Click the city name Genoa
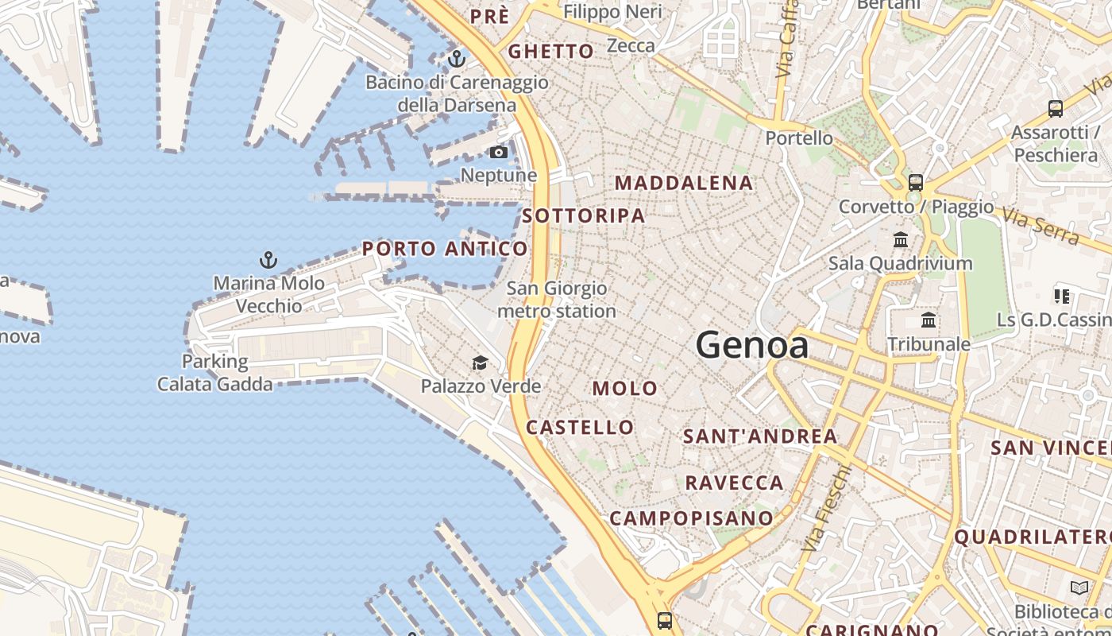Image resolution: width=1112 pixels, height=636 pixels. point(752,345)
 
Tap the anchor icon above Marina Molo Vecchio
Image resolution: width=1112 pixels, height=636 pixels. point(268,260)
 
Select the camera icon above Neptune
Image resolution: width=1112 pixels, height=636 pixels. point(499,153)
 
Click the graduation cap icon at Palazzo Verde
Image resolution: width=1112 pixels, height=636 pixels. point(480,364)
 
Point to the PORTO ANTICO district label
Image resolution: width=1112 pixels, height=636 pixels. point(445,249)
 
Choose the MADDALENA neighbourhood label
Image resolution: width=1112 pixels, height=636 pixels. point(684,183)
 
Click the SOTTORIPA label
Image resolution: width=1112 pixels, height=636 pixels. point(584,215)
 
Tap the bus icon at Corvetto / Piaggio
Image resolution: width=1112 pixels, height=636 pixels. point(916,183)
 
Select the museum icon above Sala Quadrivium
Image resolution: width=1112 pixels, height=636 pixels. point(901,239)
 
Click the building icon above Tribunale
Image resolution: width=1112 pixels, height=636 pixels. point(928,320)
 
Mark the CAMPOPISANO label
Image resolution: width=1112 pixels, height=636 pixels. point(691,518)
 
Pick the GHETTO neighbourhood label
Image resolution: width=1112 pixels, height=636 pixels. point(551,52)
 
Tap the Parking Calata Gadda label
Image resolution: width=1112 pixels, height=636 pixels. point(214,373)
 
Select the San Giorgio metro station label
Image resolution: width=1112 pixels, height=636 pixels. point(557,300)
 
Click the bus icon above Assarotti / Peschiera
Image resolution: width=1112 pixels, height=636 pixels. point(1056,109)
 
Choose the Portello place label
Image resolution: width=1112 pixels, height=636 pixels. point(799,138)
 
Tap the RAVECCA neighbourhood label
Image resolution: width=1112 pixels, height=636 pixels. point(735,483)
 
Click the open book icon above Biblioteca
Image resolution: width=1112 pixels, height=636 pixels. point(1079,588)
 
